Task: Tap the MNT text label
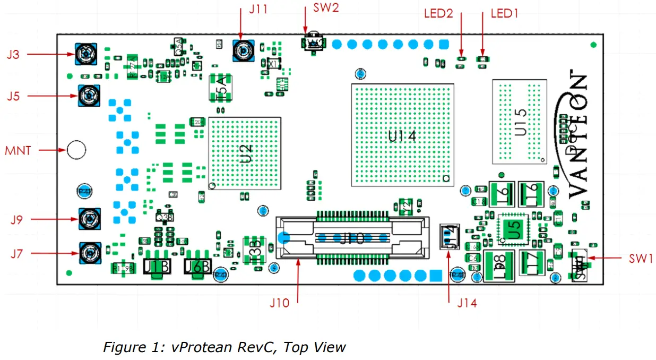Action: pyautogui.click(x=19, y=150)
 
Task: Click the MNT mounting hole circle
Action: pyautogui.click(x=76, y=150)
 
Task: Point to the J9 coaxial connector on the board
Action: pyautogui.click(x=90, y=219)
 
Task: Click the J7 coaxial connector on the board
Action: pyautogui.click(x=90, y=253)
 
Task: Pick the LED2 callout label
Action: pyautogui.click(x=438, y=13)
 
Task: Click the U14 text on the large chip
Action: pyautogui.click(x=402, y=136)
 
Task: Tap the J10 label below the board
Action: pyautogui.click(x=280, y=303)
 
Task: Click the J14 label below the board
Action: pyautogui.click(x=467, y=303)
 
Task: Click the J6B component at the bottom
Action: pyautogui.click(x=197, y=266)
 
